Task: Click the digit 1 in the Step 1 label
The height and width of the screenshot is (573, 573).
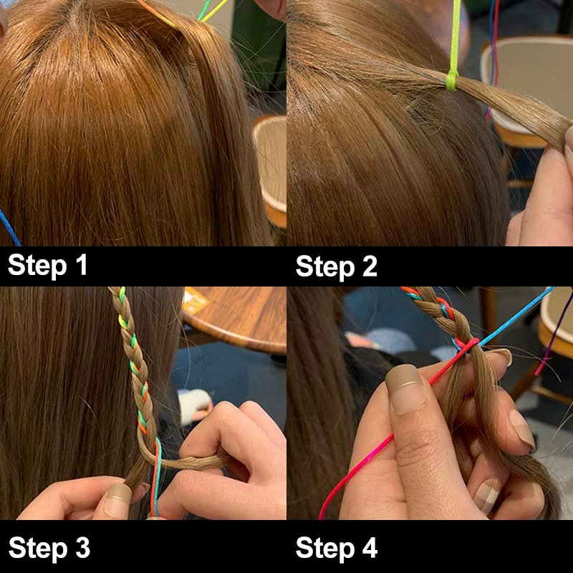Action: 82,264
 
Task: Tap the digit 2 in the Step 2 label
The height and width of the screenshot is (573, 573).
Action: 370,266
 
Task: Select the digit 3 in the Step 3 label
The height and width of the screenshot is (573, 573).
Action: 83,547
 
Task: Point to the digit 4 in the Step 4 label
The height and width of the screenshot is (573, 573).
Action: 370,547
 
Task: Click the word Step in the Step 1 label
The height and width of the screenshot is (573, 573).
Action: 37,266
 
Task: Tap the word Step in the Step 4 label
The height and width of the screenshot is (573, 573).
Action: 325,549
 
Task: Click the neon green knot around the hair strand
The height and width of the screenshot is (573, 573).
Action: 453,80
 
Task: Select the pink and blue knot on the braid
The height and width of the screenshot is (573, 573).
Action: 466,345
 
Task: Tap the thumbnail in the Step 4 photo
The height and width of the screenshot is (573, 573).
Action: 405,390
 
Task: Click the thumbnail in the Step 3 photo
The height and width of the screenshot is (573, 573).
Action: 118,494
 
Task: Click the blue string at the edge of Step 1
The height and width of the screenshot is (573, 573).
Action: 9,227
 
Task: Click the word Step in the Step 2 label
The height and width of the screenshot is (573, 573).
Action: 325,267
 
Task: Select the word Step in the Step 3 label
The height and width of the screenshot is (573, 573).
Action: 38,549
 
